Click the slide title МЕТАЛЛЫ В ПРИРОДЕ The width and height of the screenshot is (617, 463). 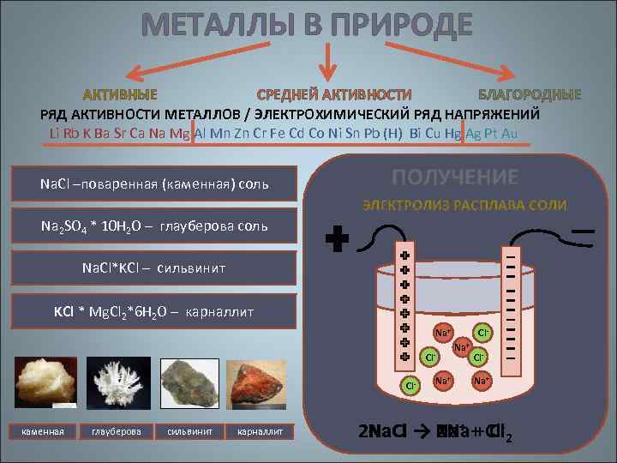(308, 25)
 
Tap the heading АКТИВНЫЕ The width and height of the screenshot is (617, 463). (119, 93)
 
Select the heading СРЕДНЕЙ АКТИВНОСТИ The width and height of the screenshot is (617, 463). (334, 93)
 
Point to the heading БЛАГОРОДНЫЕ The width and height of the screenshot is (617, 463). (529, 93)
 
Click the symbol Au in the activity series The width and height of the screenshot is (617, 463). (509, 133)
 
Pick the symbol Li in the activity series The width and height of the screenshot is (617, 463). (56, 133)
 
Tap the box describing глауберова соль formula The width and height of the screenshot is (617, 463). (154, 226)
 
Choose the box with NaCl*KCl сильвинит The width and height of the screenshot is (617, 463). (154, 268)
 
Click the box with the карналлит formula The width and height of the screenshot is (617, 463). (154, 310)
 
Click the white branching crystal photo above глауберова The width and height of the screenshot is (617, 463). (116, 384)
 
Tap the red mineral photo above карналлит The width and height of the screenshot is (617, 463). (261, 384)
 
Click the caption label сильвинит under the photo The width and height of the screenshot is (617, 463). (189, 430)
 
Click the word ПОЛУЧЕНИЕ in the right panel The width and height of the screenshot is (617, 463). (455, 177)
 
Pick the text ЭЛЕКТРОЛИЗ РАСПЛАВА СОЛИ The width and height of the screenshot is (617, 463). (464, 204)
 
